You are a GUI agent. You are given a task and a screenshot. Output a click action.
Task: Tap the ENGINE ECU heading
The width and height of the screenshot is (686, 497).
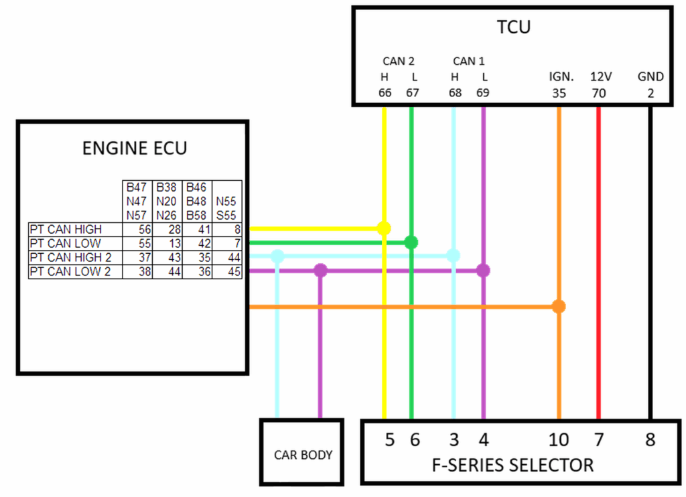(135, 148)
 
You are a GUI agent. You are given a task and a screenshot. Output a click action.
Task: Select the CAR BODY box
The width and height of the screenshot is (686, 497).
(303, 455)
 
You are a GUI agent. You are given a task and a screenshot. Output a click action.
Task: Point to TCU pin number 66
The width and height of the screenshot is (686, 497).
(385, 93)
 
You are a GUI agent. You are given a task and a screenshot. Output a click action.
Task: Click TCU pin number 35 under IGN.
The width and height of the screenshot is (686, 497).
(559, 93)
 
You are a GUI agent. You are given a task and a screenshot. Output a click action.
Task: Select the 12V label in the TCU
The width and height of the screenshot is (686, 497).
(599, 77)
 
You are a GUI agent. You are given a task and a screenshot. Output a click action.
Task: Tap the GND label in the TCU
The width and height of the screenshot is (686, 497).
(650, 77)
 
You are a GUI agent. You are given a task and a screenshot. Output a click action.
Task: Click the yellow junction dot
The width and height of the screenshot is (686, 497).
(384, 228)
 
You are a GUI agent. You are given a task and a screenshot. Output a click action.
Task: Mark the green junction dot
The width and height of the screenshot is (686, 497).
(411, 242)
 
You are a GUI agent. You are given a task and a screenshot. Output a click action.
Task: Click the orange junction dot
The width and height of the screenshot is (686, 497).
(559, 307)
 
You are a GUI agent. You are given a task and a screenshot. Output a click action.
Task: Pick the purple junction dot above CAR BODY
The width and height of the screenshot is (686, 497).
(321, 271)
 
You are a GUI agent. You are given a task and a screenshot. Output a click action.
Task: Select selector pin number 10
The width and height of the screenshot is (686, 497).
(559, 440)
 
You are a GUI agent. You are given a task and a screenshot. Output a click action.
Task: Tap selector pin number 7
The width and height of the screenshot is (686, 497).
(599, 440)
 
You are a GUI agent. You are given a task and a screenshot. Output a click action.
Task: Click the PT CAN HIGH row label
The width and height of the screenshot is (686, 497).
(66, 229)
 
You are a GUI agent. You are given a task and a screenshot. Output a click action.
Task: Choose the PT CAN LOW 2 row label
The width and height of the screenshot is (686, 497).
(70, 271)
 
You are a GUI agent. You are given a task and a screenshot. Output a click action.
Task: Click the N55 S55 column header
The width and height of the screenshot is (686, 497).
(227, 207)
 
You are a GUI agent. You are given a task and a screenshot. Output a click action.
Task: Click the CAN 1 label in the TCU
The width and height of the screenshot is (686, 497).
(468, 61)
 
